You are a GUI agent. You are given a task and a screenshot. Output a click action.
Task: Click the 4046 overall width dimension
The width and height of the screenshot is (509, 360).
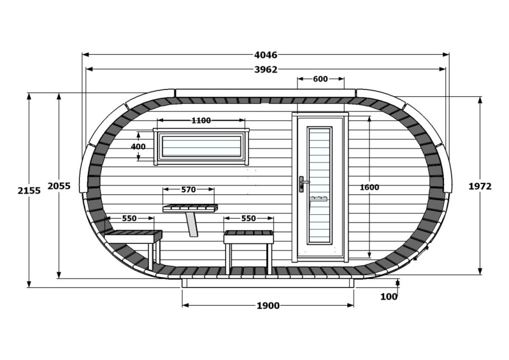266,55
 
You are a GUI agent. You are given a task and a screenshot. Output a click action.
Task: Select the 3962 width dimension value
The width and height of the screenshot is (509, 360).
266,69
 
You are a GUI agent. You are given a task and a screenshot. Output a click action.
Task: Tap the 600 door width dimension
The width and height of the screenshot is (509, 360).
321,79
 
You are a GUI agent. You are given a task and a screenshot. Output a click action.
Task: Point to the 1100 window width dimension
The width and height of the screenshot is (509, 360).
201,120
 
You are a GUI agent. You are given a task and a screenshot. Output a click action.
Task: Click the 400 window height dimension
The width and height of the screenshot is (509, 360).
138,146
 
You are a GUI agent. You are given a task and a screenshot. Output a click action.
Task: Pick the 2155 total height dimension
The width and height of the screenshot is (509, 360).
29,191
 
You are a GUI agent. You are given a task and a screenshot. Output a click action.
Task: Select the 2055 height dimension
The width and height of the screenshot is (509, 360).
59,186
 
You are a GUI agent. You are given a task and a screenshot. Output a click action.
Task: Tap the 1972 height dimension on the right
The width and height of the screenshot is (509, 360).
480,186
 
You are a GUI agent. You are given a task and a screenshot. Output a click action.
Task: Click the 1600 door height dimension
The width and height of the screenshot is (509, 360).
369,187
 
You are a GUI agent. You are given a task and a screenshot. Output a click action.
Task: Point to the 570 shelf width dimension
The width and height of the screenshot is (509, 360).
188,190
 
